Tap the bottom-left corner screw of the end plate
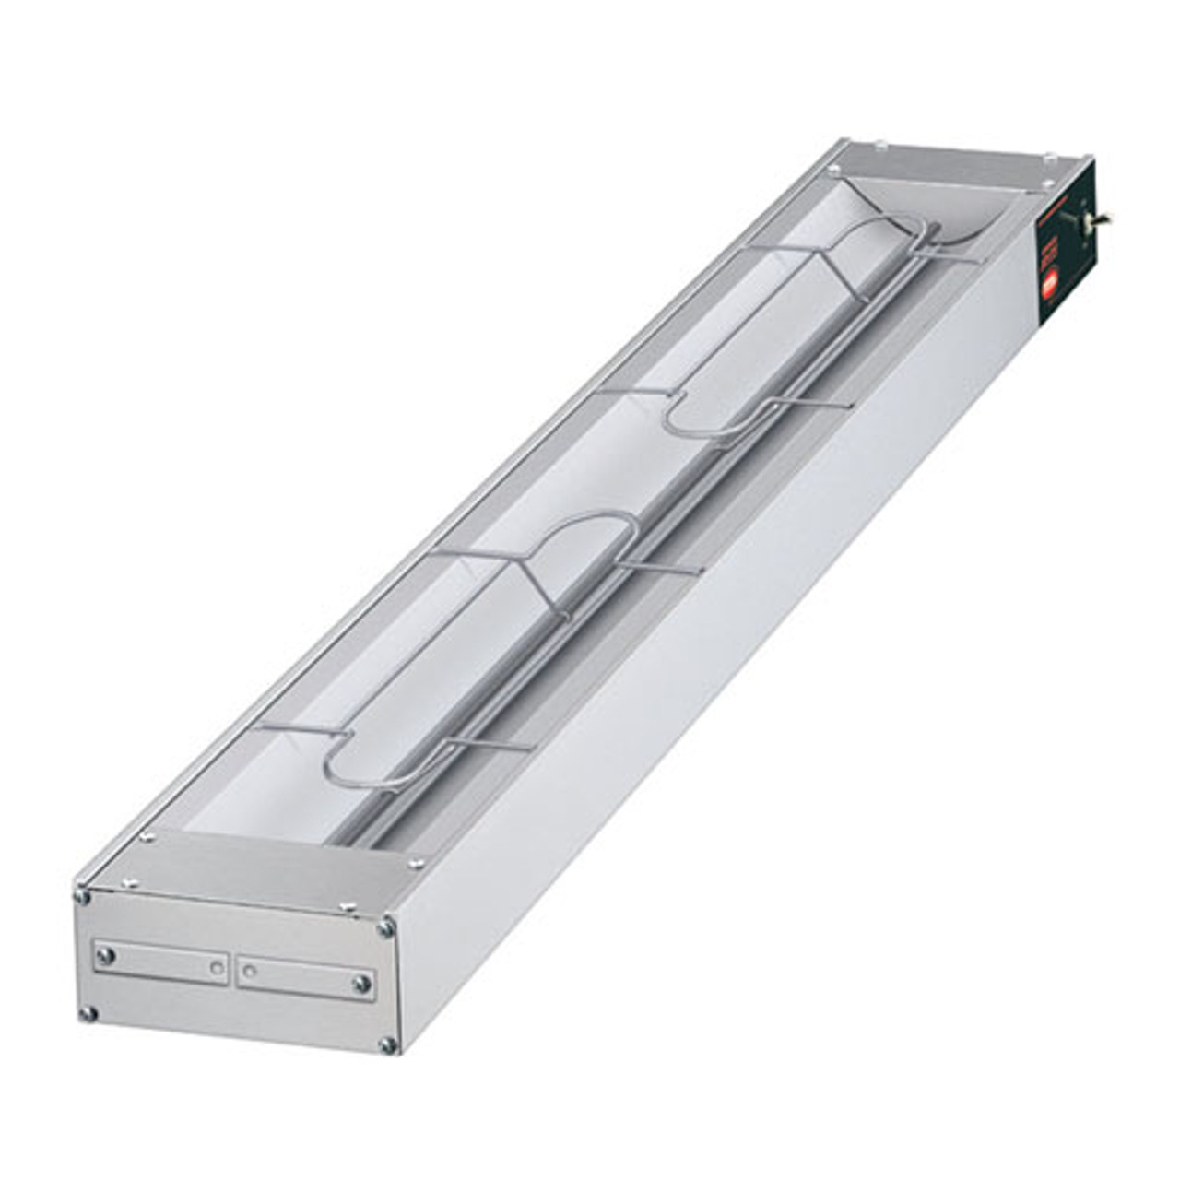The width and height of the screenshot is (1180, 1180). point(88,1014)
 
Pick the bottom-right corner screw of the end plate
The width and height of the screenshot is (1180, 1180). point(385,1044)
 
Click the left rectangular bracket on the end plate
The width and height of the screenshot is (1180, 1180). point(160,962)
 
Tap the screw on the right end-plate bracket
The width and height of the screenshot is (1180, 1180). point(362,984)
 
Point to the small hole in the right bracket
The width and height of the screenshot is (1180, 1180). point(250,969)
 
